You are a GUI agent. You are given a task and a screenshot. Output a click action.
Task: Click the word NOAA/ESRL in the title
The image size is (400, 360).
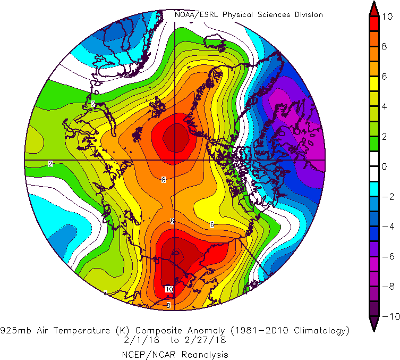[x=197, y=15]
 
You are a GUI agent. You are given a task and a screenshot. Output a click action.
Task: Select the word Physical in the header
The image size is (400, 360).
[x=238, y=15]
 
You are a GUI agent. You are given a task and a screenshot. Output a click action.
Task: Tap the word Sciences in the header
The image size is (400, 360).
[x=275, y=15]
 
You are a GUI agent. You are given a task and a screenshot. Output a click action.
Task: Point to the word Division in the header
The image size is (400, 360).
[x=309, y=15]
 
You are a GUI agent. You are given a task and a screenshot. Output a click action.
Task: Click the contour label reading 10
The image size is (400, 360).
[x=169, y=289]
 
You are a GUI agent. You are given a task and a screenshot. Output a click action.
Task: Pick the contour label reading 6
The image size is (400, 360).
[x=212, y=225]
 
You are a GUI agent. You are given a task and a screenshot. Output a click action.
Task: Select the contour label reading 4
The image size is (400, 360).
[x=106, y=294]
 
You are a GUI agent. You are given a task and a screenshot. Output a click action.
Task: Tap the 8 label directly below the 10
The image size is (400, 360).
[x=168, y=305]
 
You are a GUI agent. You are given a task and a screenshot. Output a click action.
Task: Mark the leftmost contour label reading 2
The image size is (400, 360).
[x=50, y=164]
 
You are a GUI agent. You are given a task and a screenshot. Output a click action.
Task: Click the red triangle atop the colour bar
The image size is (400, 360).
[x=374, y=10]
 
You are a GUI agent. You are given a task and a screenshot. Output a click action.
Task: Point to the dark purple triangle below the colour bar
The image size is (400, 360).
[x=374, y=322]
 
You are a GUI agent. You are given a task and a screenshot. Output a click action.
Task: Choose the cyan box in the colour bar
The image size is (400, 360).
[x=374, y=189]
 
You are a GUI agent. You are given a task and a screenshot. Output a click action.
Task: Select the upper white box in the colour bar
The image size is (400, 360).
[x=374, y=158]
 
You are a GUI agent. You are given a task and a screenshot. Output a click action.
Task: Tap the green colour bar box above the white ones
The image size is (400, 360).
[x=374, y=144]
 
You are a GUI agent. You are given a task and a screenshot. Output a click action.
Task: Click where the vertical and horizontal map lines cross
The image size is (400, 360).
[x=175, y=160]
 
